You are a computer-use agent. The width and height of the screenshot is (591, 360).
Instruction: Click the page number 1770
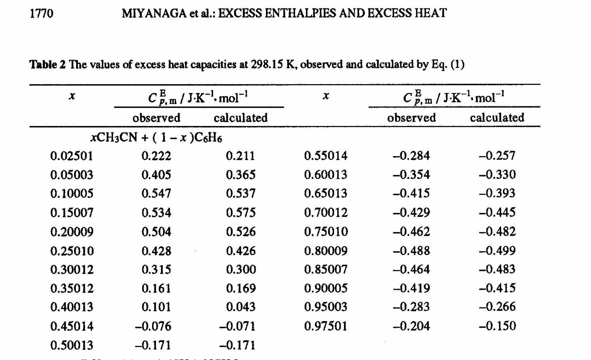click(x=42, y=13)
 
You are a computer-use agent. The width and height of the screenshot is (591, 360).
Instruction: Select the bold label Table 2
click(x=47, y=65)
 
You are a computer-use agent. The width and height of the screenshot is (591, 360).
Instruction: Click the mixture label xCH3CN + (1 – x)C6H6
click(x=156, y=138)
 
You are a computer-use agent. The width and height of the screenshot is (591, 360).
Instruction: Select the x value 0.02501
click(x=72, y=156)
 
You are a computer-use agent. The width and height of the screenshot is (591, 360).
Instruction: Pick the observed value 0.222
click(x=157, y=156)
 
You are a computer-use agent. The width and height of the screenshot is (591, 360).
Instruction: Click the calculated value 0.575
click(x=241, y=213)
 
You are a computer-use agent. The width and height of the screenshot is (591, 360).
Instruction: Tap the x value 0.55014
click(x=326, y=156)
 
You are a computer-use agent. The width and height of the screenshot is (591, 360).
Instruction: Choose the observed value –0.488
click(x=411, y=251)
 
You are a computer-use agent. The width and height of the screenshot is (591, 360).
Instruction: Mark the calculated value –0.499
click(x=497, y=251)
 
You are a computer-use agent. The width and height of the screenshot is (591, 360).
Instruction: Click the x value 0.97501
click(x=326, y=326)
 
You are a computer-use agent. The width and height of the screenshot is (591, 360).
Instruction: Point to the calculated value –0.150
click(x=497, y=326)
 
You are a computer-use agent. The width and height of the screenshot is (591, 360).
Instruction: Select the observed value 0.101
click(x=157, y=307)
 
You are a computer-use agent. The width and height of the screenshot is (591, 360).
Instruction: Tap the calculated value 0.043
click(x=241, y=307)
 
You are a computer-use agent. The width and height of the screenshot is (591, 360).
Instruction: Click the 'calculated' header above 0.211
click(x=241, y=118)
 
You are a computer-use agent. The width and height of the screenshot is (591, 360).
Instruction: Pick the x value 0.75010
click(x=326, y=232)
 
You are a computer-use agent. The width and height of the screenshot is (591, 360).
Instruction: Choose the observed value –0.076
click(x=153, y=326)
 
